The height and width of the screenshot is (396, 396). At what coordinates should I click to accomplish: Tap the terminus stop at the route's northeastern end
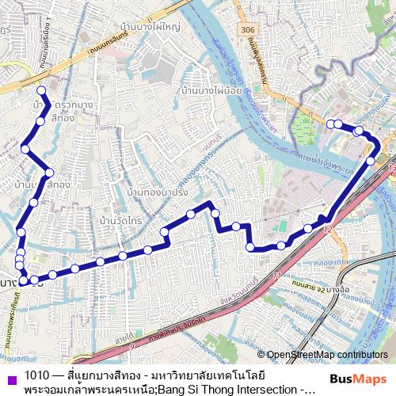click(x=330, y=123)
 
